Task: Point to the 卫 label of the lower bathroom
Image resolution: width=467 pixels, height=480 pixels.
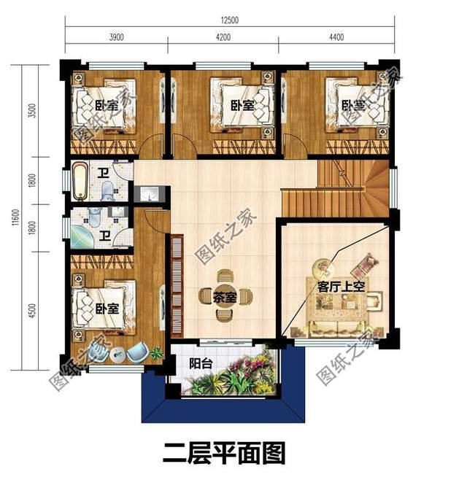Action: (x=105, y=236)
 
